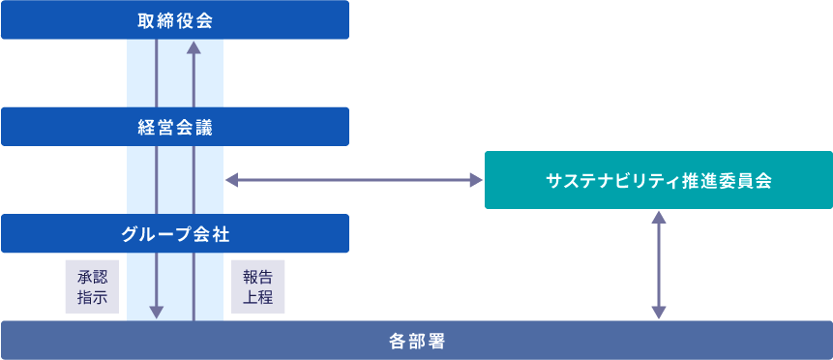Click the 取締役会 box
(x=175, y=19)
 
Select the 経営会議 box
(x=175, y=126)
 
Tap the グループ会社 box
(x=175, y=233)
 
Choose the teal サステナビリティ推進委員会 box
(x=658, y=180)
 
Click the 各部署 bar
(x=416, y=341)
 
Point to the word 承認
(x=92, y=276)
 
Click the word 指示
(x=92, y=297)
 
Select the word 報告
(x=258, y=276)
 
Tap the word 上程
(x=258, y=297)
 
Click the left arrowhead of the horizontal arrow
(x=230, y=180)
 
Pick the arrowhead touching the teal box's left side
(x=476, y=180)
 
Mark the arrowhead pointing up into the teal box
(x=659, y=216)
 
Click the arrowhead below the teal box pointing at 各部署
(x=659, y=313)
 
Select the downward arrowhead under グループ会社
(x=157, y=313)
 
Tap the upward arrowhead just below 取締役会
(x=193, y=46)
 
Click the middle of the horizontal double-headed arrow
(x=353, y=180)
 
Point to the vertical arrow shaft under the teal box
(x=659, y=264)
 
